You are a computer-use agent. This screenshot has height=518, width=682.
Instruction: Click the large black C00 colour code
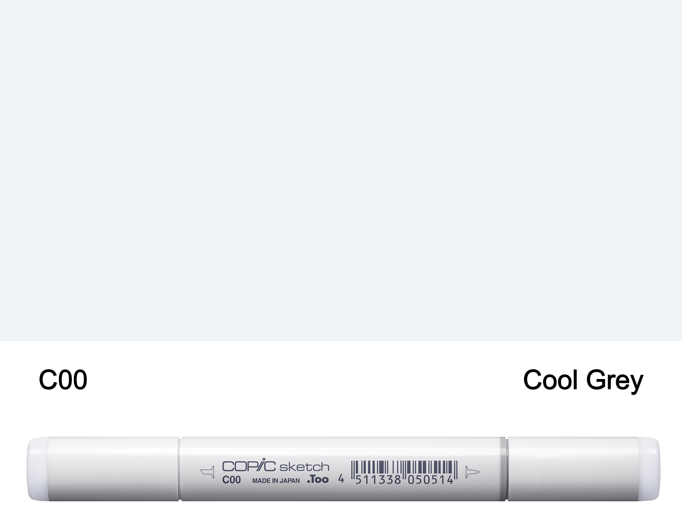(63, 380)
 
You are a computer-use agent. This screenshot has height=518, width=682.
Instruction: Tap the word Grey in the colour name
(614, 381)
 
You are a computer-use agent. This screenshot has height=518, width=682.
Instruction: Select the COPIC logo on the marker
(249, 466)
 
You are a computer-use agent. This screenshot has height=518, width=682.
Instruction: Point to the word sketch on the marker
(304, 467)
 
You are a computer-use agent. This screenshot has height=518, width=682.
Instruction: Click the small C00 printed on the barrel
(232, 480)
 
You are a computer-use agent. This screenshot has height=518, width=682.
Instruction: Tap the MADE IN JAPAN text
(276, 480)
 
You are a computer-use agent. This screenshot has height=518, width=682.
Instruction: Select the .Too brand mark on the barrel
(318, 479)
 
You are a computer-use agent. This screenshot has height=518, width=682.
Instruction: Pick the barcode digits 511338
(378, 480)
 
